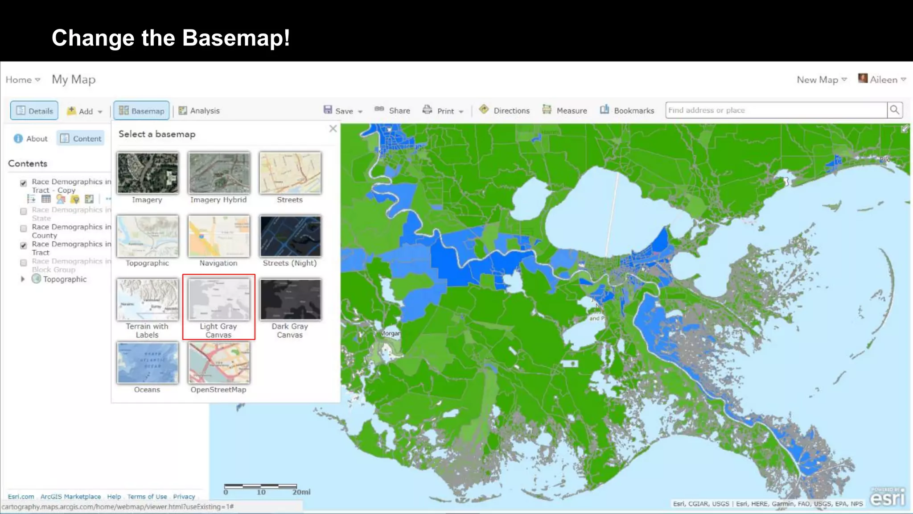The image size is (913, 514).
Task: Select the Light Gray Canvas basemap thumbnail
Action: click(218, 300)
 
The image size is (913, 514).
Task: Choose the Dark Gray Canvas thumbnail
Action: click(290, 300)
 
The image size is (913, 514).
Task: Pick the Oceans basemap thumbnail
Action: click(148, 363)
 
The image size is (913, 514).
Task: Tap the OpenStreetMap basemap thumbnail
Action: click(218, 363)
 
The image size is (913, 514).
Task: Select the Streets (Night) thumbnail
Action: click(290, 236)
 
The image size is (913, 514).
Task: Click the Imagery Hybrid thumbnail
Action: click(218, 173)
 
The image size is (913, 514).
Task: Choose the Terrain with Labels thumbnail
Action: click(148, 300)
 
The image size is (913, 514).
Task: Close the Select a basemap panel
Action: click(333, 129)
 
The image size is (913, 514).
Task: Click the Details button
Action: click(34, 111)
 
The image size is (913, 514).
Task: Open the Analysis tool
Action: click(199, 111)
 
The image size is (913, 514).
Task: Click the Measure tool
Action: click(565, 110)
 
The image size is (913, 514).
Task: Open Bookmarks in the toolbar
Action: click(627, 110)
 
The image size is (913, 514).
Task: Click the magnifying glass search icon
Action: click(894, 110)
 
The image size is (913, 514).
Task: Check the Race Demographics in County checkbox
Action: click(24, 228)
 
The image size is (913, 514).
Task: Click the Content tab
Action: click(81, 139)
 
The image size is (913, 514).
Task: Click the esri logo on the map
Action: click(887, 497)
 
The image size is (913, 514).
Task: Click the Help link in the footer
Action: click(114, 497)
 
